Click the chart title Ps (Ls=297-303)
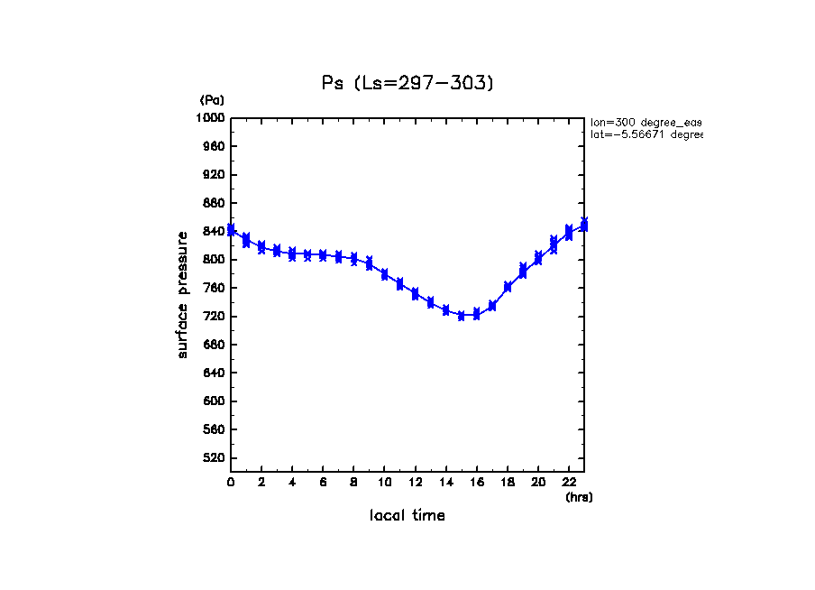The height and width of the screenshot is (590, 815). coord(407,83)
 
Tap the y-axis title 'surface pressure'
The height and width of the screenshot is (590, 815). coord(183,293)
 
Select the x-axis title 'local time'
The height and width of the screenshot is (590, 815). coord(407,516)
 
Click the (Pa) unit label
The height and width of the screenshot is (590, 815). coord(212,100)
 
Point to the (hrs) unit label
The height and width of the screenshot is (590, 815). coord(579,497)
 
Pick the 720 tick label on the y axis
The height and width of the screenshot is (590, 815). coord(214,317)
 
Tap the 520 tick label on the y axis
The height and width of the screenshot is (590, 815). coord(214,458)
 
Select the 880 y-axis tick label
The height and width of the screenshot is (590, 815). coord(214,203)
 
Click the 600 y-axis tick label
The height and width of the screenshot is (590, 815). coord(214,401)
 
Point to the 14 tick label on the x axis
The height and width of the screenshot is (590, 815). coord(445,483)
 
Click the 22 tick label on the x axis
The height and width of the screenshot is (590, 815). coord(568,483)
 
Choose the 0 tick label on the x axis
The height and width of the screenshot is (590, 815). coord(231,483)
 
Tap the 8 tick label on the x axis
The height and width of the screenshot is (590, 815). coord(353,483)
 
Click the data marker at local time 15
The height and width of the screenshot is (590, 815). coord(461,316)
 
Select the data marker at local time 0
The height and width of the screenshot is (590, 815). coord(231,230)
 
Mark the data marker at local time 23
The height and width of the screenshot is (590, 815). coord(583,225)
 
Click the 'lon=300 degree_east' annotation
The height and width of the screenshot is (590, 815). coord(646,122)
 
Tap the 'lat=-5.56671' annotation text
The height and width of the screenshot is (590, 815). coord(646,134)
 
